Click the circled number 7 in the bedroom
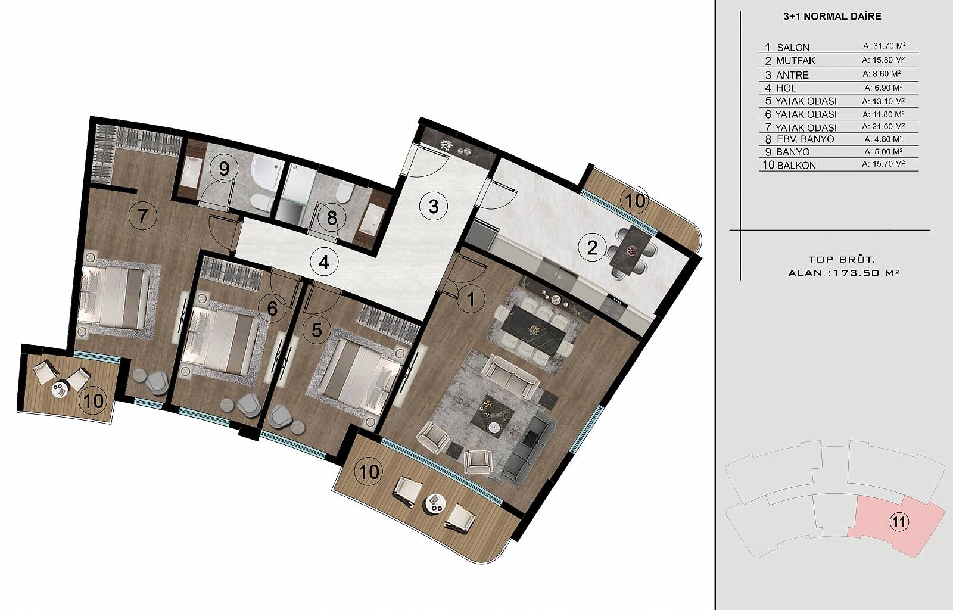click(142, 216)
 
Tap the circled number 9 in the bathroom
click(224, 169)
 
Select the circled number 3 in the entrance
click(433, 207)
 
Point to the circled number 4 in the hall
click(324, 262)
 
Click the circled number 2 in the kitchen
click(592, 248)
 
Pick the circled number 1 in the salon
click(471, 300)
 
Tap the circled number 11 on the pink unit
click(899, 521)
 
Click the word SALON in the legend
click(793, 48)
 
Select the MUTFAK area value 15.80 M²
click(883, 60)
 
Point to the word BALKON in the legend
click(796, 166)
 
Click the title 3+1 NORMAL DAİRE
click(832, 17)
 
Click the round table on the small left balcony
click(60, 388)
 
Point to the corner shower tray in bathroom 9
click(266, 172)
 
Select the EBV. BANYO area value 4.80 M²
click(883, 139)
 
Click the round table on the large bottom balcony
click(435, 505)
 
